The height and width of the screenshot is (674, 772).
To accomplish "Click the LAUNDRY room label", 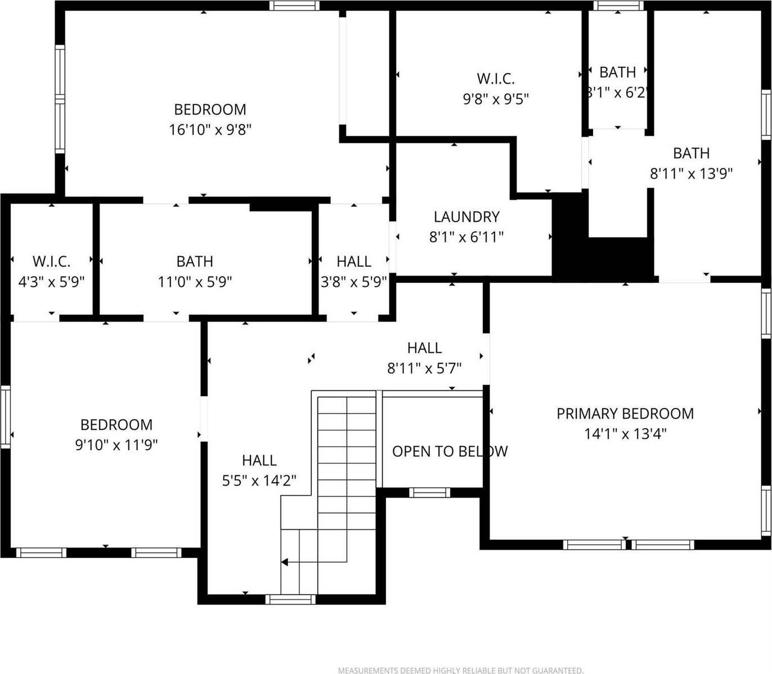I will [x=466, y=217].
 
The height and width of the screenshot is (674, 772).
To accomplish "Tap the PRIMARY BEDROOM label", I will [x=625, y=414].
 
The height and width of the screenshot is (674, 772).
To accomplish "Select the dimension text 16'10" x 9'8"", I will [x=210, y=129].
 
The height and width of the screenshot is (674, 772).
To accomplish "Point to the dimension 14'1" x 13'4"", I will [x=625, y=434].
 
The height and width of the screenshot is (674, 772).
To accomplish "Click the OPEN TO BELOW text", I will [x=450, y=451].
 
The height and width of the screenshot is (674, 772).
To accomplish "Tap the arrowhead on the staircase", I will [x=285, y=561].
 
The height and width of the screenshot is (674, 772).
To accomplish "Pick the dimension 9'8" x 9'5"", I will [x=495, y=99].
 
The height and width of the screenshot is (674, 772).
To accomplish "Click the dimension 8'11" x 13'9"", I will [x=691, y=173].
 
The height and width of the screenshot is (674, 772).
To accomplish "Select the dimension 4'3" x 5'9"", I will [x=51, y=281].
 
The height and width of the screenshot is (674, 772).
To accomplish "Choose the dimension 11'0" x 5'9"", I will [x=195, y=281].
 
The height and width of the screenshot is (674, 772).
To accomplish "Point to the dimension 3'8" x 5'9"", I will [x=353, y=281].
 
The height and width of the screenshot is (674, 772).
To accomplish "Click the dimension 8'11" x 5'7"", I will [x=424, y=368].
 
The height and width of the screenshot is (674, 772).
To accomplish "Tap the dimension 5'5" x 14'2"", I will [x=259, y=480].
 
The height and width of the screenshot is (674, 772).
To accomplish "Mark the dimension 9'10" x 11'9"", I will [x=116, y=444].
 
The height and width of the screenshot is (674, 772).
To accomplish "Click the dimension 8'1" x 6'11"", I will [x=466, y=237].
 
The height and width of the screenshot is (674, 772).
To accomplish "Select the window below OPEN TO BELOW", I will [x=429, y=493].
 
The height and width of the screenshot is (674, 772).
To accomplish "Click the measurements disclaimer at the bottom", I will [x=460, y=670].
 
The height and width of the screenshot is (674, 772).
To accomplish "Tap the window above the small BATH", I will [x=618, y=6].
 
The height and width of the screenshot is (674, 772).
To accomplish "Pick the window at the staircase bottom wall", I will [x=290, y=600].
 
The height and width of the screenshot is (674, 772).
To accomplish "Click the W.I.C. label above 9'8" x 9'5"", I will [x=495, y=79].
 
